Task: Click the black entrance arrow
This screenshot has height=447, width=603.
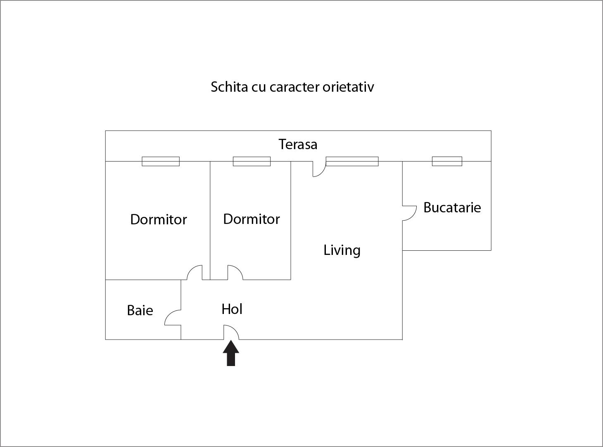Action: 231,353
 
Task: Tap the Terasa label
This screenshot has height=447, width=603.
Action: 298,144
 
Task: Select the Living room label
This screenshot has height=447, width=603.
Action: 342,250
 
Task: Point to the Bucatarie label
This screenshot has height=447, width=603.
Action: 452,207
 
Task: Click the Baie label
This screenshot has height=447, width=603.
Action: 140,310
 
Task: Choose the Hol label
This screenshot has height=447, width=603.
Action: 232,309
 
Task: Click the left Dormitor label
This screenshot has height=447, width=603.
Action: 158,219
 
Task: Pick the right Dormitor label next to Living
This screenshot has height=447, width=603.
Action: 251,219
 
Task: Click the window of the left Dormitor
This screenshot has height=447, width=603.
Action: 161,161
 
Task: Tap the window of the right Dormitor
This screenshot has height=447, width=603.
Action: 252,161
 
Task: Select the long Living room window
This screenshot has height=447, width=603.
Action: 352,161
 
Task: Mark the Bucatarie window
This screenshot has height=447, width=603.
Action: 447,161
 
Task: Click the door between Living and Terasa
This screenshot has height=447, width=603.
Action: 318,169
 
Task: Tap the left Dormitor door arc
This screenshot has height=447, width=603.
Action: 195,272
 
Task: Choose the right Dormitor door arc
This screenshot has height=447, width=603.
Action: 235,272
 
